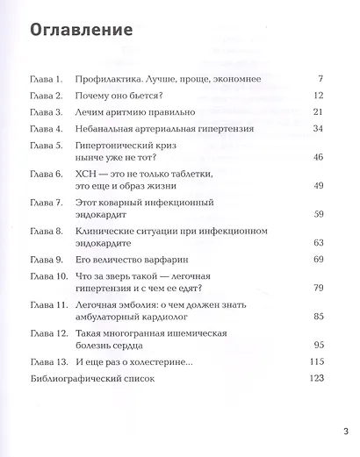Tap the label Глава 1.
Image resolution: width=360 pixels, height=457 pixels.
pyautogui.click(x=45, y=80)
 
